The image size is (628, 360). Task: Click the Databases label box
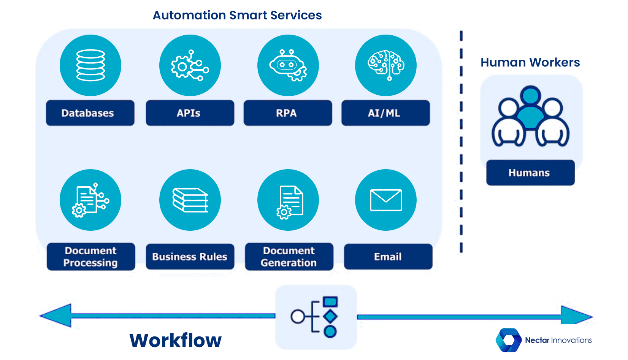coord(90,113)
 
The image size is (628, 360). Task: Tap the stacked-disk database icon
coord(90,65)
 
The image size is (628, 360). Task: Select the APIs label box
coord(190,113)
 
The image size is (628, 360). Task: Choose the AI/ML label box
coord(385,113)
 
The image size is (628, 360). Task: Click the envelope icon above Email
coord(386,200)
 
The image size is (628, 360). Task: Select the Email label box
coord(388,257)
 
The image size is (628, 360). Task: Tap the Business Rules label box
coord(190,257)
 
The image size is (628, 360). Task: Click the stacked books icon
coord(190,200)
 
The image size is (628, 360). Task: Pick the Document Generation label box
coord(289,257)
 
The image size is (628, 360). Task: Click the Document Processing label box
coord(91,257)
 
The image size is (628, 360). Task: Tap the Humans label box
coord(530,173)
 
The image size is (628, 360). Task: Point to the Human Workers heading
coord(530,62)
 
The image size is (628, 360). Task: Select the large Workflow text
coord(175,340)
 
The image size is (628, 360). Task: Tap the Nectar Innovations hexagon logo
coord(509,340)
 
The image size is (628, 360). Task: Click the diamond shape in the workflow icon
coord(330,316)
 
